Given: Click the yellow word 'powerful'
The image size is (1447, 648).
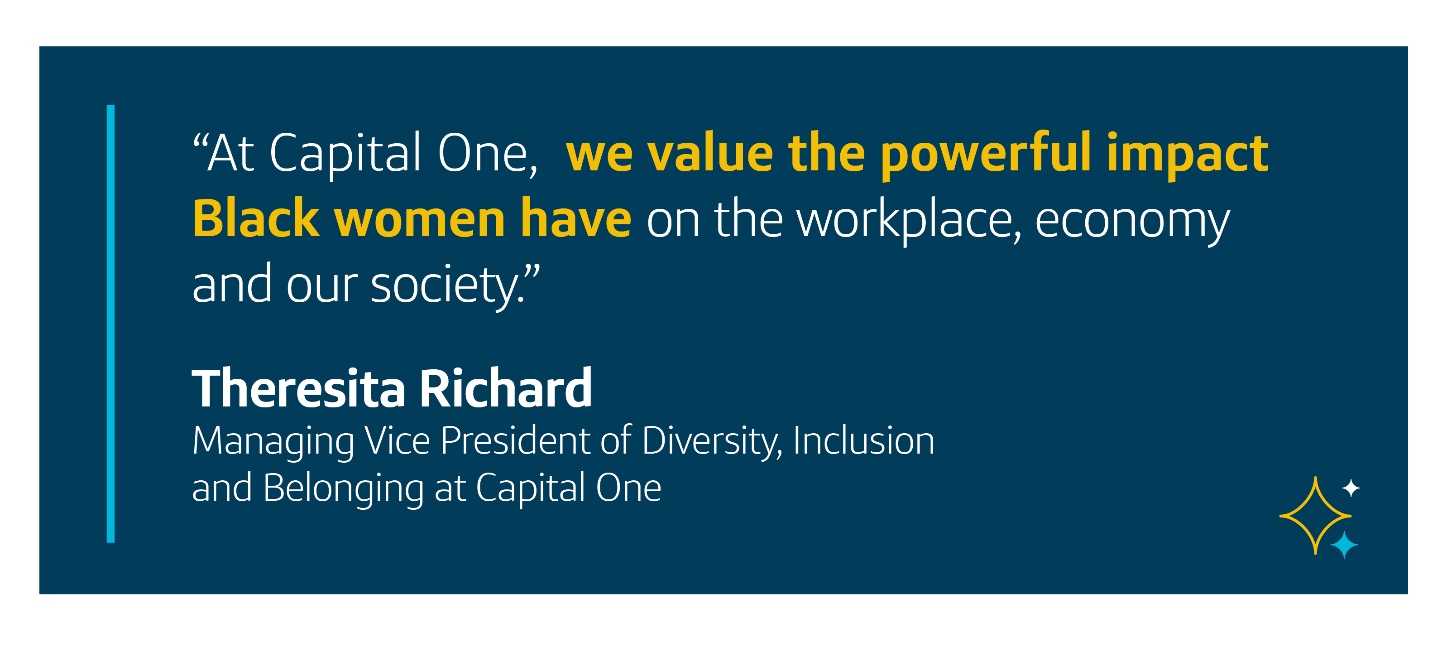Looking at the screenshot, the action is tap(986, 155).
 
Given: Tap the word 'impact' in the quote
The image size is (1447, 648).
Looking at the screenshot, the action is tap(1188, 155).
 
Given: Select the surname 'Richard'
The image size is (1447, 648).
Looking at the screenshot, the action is tap(506, 387).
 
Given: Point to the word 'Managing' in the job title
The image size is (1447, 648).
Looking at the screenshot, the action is tap(273, 442).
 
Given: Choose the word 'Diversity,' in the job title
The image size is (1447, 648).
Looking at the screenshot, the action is tap(712, 442).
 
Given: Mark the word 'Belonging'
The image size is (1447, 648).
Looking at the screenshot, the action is tap(343, 489).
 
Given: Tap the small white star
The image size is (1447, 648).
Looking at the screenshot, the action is tap(1351, 488).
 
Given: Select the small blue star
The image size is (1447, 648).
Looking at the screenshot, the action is tap(1344, 545).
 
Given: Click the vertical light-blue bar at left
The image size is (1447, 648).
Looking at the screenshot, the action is tap(110, 324).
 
